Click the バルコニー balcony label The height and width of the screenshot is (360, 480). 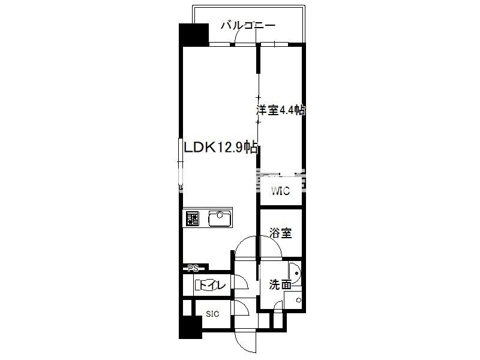pos(248,25)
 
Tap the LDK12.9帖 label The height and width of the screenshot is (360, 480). pos(220,148)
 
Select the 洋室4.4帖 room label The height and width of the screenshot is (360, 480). pos(281,110)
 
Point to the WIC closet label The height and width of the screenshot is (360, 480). pos(280,191)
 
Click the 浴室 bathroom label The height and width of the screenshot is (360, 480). pos(280,233)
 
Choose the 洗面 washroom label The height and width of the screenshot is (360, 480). pos(280,284)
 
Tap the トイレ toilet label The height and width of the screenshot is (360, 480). pos(212,286)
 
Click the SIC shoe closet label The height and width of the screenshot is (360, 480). pos(212,314)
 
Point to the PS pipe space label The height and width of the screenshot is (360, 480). pos(193,269)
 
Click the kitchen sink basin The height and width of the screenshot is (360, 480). pos(220,218)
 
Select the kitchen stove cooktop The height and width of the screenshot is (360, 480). pos(192,218)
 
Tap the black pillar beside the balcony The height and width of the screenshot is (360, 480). pos(193,34)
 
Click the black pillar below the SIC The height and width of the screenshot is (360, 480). pos(190,328)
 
